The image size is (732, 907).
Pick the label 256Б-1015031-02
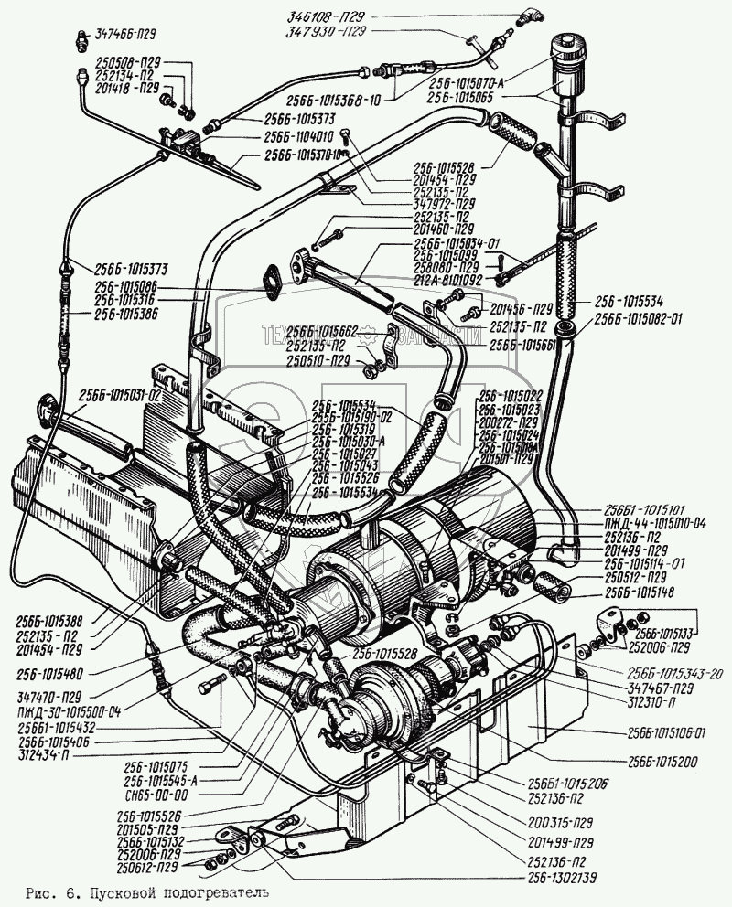click(x=120, y=394)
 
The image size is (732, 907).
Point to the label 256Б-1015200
click(x=663, y=760)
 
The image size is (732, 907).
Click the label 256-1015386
click(x=125, y=313)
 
